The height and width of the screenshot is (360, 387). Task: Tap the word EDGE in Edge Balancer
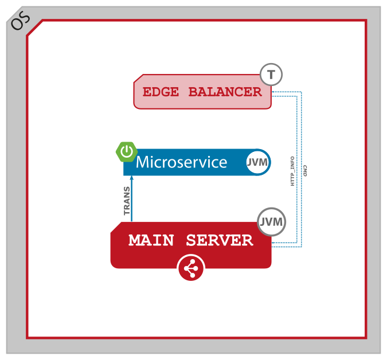click(x=161, y=92)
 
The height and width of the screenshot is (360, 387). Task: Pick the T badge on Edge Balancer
click(x=271, y=75)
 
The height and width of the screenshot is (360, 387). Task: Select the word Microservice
click(x=181, y=162)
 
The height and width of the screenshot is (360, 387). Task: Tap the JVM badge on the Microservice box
click(x=257, y=162)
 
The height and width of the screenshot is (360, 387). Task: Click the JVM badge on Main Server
click(x=271, y=222)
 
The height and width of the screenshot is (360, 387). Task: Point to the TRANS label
click(x=127, y=200)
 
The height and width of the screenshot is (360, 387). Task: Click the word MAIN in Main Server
click(x=153, y=241)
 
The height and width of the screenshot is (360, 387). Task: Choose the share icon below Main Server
click(x=191, y=268)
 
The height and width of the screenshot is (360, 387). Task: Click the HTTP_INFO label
click(x=292, y=171)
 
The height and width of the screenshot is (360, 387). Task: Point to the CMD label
click(x=305, y=171)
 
